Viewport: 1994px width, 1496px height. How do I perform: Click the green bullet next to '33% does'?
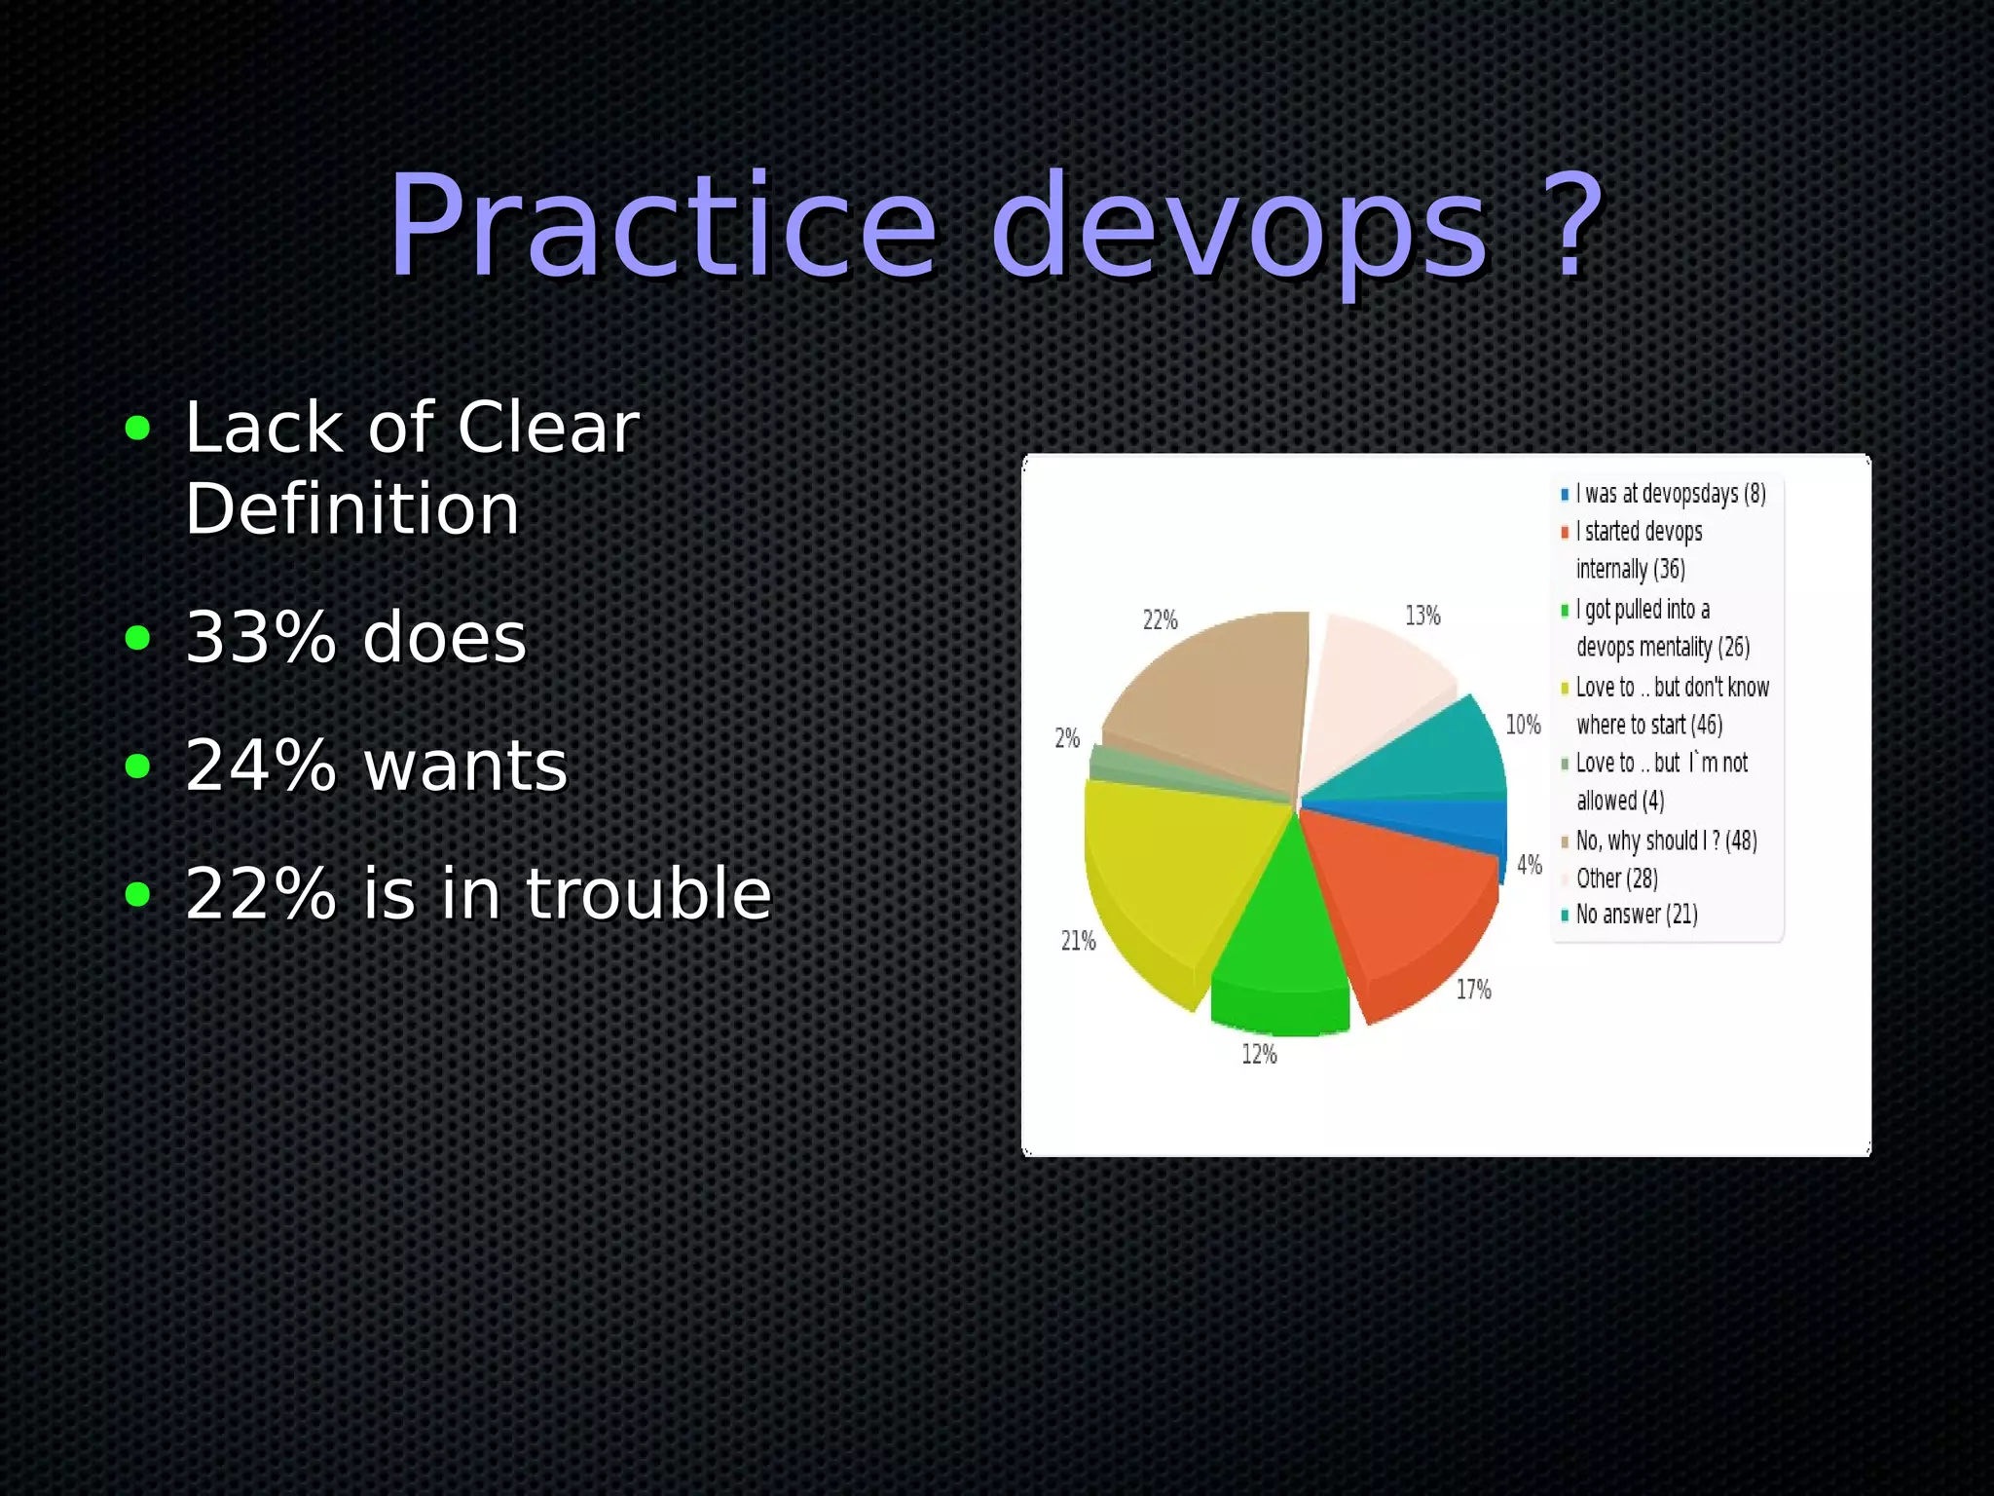coord(138,638)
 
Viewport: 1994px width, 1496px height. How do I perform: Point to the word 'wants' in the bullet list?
coord(465,767)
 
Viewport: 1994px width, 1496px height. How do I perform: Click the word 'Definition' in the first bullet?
coord(352,509)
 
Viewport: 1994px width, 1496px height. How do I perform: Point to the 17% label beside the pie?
coord(1473,990)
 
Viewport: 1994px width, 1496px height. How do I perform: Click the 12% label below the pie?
coord(1259,1054)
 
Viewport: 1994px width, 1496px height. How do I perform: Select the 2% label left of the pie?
coord(1067,738)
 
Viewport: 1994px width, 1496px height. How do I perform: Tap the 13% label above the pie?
coord(1422,616)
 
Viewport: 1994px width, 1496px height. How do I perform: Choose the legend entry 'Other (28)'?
coord(1616,879)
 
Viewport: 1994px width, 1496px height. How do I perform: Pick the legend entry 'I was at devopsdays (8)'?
coord(1670,494)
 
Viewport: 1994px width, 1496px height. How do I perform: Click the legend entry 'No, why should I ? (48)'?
coord(1666,841)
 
